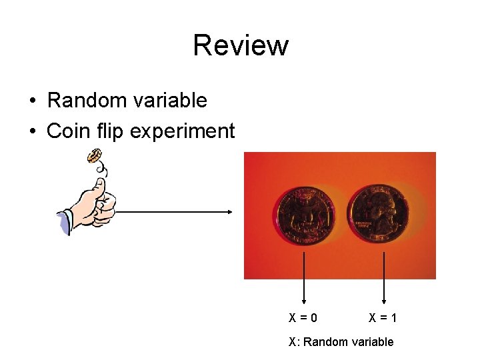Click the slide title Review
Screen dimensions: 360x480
click(x=240, y=45)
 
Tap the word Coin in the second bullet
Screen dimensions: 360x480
click(x=65, y=131)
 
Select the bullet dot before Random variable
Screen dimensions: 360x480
click(x=32, y=101)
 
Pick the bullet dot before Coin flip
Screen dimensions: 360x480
click(x=32, y=131)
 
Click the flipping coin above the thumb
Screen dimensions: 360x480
click(x=94, y=157)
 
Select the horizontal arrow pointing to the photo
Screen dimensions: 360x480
click(x=173, y=212)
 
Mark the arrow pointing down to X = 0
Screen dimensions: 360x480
click(x=305, y=277)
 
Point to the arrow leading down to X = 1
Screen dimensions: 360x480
click(x=383, y=277)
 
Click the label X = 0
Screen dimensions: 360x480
click(x=303, y=318)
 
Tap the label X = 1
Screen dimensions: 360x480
click(x=383, y=318)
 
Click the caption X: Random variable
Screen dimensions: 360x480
click(x=341, y=342)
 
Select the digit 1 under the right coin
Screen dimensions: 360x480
click(x=394, y=318)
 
